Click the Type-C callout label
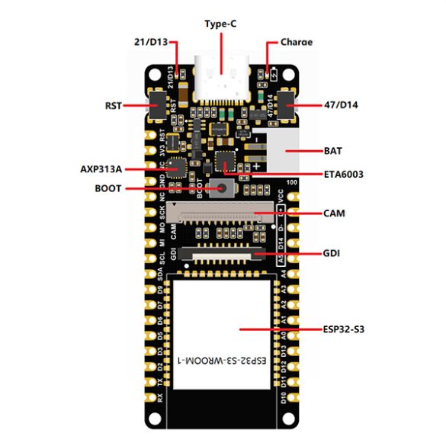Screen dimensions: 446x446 (222, 24)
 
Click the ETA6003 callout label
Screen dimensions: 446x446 (343, 175)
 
